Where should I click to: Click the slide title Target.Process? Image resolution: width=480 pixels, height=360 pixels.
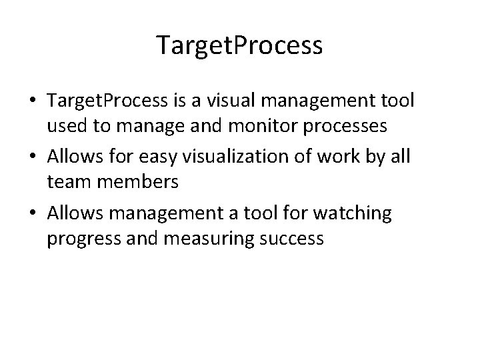coord(239,45)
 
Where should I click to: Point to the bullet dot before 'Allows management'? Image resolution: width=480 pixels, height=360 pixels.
coord(32,215)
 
